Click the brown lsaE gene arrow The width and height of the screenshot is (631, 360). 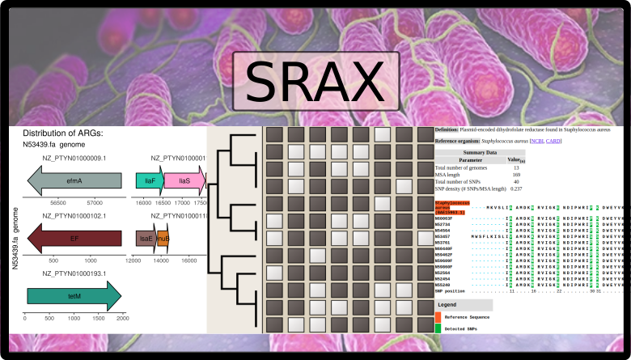coord(146,238)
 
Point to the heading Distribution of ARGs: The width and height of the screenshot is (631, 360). coord(73,133)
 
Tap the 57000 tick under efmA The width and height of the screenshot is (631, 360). coord(94,203)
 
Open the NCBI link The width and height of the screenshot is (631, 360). coord(533,141)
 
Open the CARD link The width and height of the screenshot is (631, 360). coord(553,141)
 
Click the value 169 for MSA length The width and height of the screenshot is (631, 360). coord(516,175)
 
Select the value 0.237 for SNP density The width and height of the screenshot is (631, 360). coord(516,189)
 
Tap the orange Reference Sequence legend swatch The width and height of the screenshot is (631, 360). coord(438,317)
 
